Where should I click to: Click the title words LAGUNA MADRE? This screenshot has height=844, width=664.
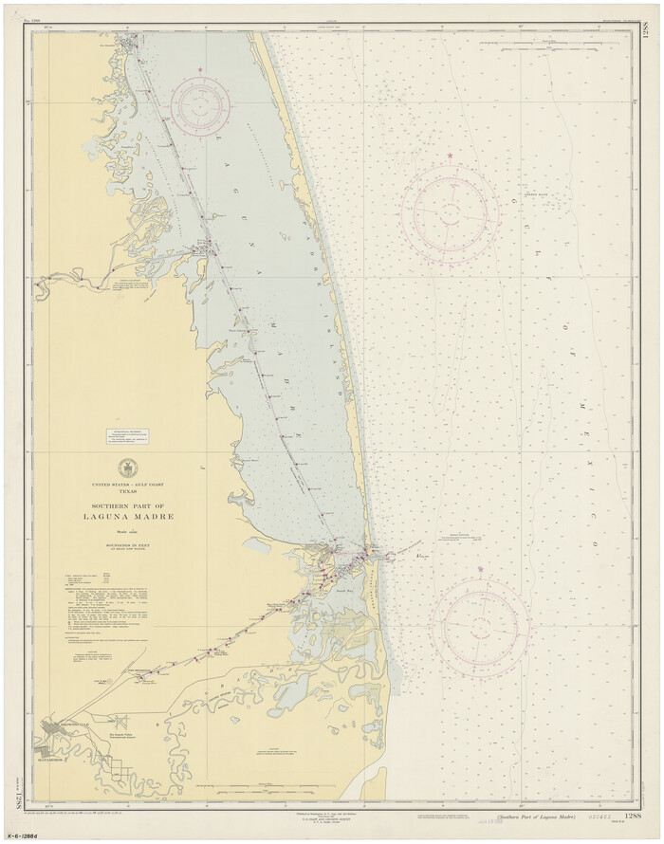[x=127, y=517]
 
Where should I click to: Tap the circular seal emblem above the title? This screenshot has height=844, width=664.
[x=127, y=468]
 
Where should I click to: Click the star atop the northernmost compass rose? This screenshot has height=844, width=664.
[x=200, y=70]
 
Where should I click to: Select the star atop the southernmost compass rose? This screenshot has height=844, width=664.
[x=480, y=569]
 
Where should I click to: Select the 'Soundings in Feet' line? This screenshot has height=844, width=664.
[x=127, y=548]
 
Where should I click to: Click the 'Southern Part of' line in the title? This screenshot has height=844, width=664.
[x=127, y=505]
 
